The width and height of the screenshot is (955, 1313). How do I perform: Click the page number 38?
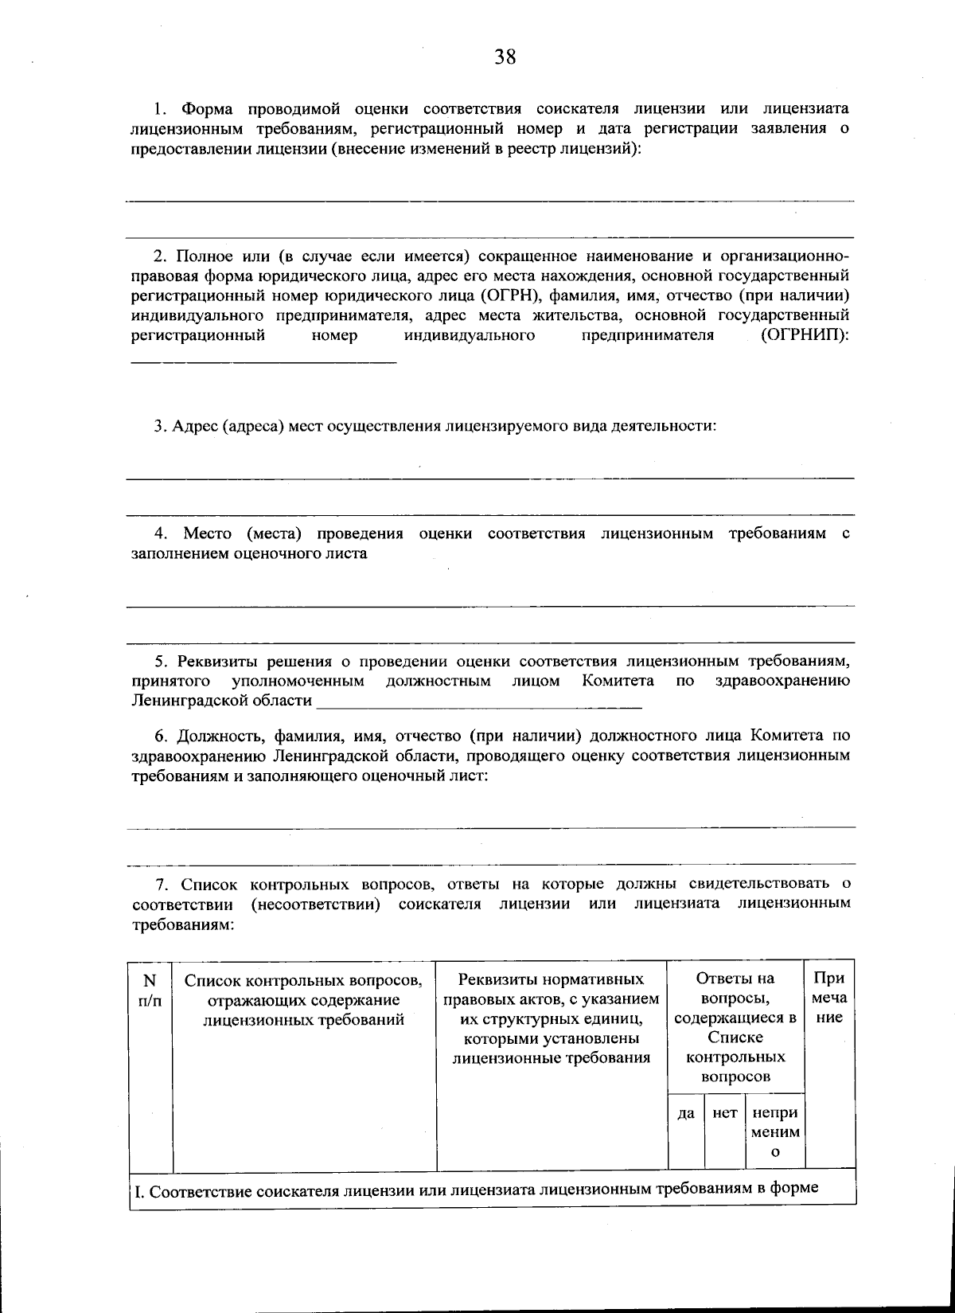505,57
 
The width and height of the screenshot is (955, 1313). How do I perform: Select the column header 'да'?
685,1113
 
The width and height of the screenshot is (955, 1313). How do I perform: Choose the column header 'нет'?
724,1113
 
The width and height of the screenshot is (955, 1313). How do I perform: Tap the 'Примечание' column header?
829,998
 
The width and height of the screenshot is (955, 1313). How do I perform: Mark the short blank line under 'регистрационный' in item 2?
263,362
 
